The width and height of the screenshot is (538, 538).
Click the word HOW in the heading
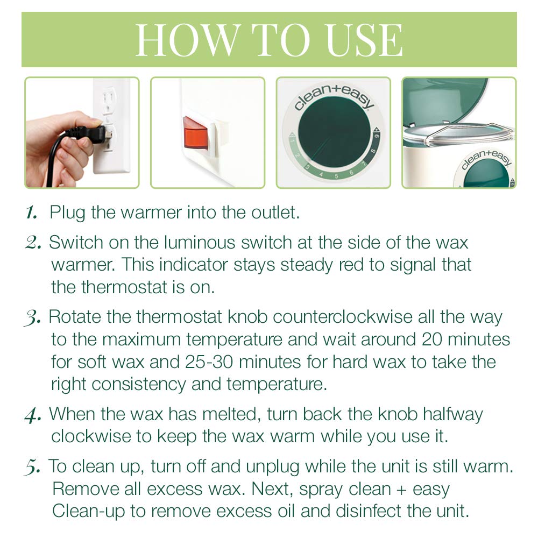pyautogui.click(x=181, y=40)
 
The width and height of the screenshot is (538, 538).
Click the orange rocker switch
pyautogui.click(x=195, y=132)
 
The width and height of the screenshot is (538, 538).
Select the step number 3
pyautogui.click(x=33, y=317)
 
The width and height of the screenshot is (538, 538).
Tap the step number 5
pyautogui.click(x=33, y=466)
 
